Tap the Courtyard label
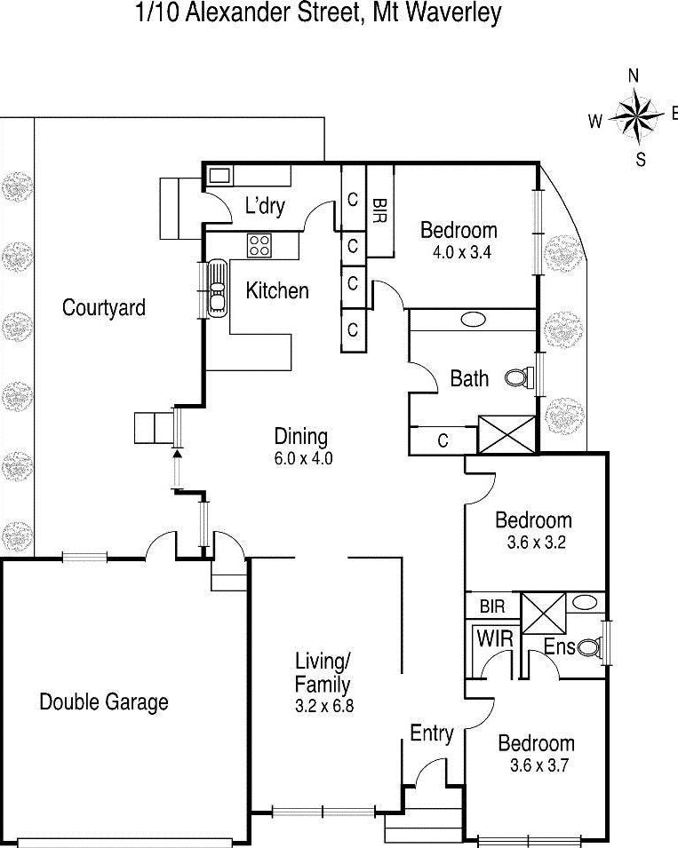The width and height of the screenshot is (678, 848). [103, 308]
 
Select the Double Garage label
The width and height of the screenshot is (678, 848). [103, 702]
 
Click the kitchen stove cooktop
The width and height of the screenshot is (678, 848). [259, 245]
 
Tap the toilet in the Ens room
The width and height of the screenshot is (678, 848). [588, 648]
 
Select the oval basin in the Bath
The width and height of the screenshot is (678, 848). [473, 320]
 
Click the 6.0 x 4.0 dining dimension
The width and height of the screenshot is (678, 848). [302, 459]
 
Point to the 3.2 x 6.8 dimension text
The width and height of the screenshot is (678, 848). [323, 708]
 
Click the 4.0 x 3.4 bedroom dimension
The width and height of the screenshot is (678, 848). [456, 251]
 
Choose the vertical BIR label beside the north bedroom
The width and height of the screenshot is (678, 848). [379, 211]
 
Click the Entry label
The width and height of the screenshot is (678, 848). [431, 733]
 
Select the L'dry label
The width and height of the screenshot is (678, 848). [265, 207]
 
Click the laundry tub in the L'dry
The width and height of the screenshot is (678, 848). [219, 175]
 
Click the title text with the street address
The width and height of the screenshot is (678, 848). [318, 13]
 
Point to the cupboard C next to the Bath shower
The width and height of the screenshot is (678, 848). [443, 440]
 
